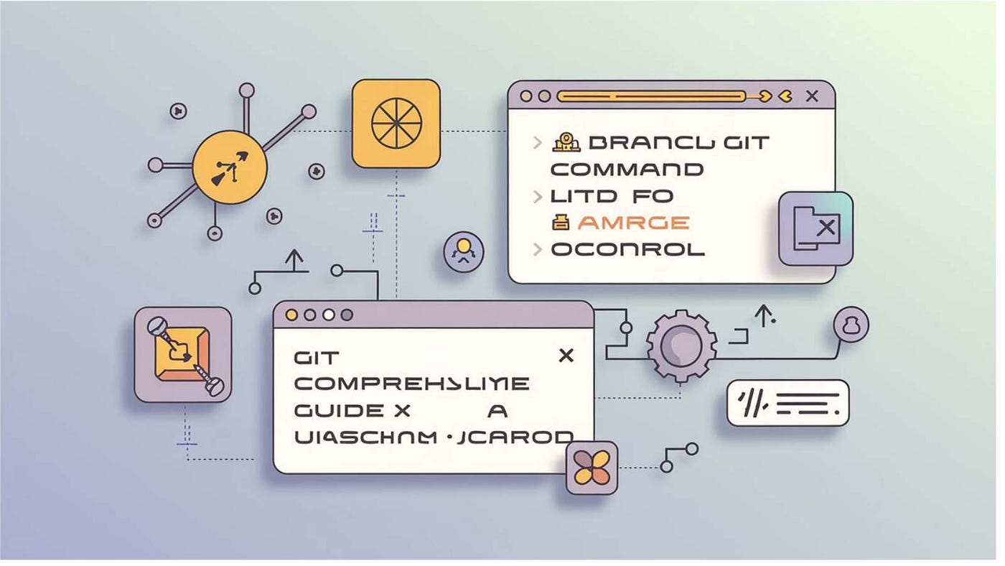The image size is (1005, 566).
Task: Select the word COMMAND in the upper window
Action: (x=627, y=170)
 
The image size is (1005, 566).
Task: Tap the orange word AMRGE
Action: (x=633, y=223)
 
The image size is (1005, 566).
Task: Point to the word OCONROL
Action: (x=627, y=250)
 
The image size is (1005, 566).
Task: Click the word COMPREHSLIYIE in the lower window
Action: (x=411, y=384)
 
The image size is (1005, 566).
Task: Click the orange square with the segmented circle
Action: (x=396, y=124)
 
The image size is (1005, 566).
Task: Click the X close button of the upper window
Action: (x=812, y=96)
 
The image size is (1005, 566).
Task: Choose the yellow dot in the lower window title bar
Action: (x=291, y=315)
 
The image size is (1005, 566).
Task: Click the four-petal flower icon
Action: (x=592, y=468)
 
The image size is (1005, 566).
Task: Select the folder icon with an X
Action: (x=815, y=228)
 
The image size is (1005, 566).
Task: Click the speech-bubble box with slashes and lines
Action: (x=787, y=403)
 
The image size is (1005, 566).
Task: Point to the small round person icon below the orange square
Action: (x=463, y=251)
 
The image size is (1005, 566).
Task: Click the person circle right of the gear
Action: (x=851, y=325)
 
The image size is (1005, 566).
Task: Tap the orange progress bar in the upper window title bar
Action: (x=650, y=96)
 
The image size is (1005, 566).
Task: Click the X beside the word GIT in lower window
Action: (x=566, y=355)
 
